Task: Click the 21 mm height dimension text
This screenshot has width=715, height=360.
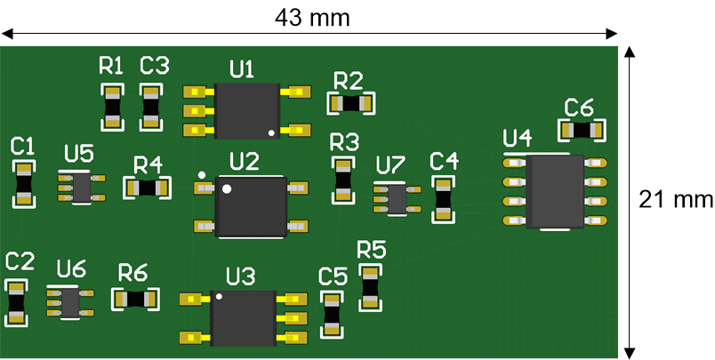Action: coord(676,199)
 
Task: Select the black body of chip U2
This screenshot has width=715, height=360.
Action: coord(252,206)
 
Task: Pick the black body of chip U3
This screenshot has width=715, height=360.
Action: coord(243,318)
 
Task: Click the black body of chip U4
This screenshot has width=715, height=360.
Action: coord(553,192)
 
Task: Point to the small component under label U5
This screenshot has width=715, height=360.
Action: coord(82,187)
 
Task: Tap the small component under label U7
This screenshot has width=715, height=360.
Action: coord(396,198)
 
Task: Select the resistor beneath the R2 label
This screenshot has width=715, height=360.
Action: coord(352,103)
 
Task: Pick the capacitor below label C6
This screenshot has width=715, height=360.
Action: coord(582,130)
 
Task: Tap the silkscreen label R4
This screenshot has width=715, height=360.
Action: coord(148,164)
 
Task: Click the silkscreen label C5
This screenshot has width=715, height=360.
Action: coord(333,276)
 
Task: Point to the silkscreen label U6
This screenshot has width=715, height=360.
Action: coord(71,268)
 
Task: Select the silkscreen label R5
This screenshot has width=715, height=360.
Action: coord(371,249)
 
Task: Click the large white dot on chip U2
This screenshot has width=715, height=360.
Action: coord(228,188)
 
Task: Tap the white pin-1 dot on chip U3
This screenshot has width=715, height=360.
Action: coord(219,298)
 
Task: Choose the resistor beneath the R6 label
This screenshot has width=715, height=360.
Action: coord(135,299)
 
